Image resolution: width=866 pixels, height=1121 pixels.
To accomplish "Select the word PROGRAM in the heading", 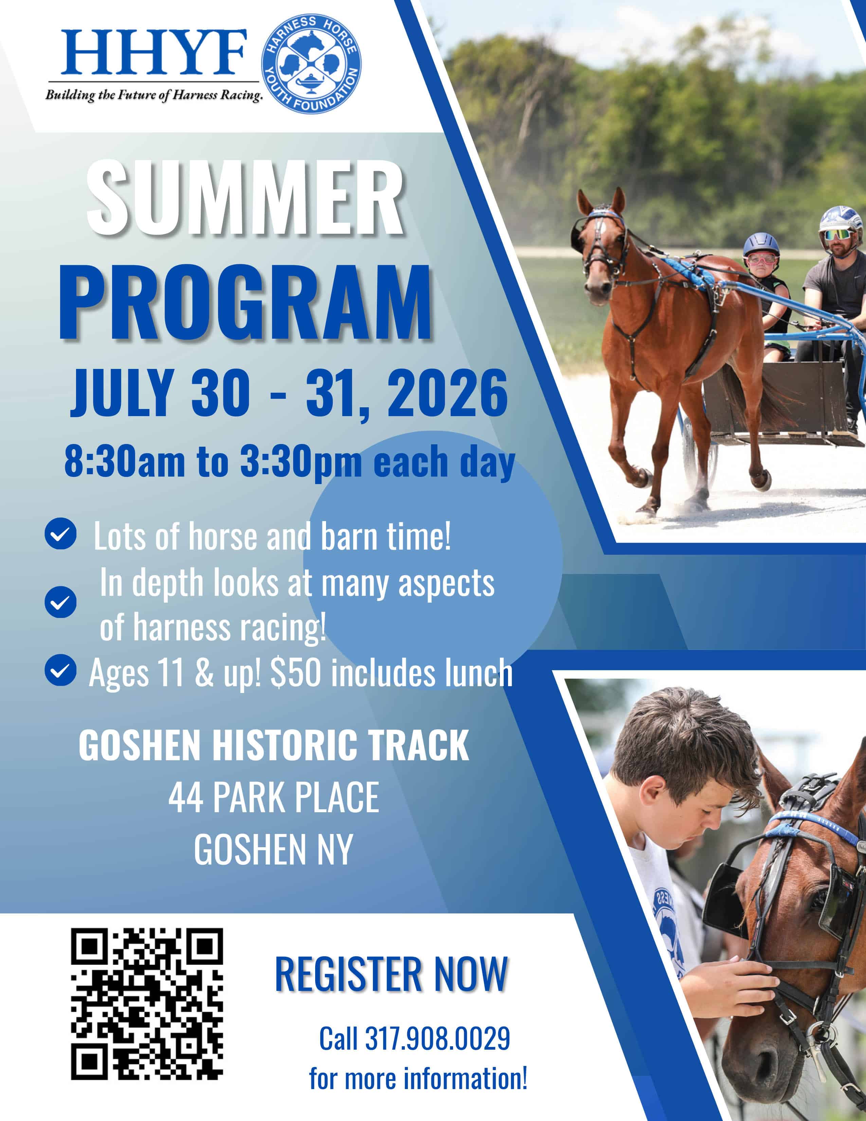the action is tap(245, 302).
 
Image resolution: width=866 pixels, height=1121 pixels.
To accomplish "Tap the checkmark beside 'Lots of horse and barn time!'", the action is tap(60, 535).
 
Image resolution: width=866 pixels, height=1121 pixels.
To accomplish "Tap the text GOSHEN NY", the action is tap(273, 850).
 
